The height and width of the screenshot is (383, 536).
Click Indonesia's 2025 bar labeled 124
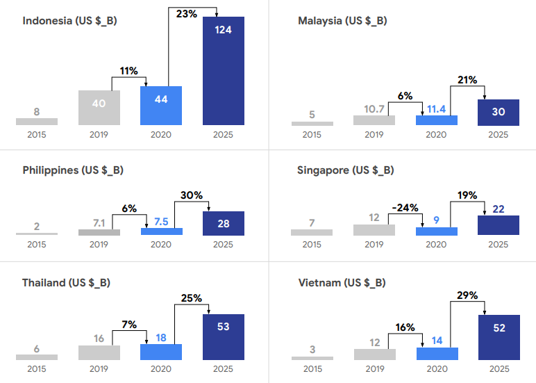[x=223, y=71]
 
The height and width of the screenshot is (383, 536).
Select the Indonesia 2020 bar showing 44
[x=161, y=106]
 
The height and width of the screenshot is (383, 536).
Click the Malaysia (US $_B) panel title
[x=342, y=21]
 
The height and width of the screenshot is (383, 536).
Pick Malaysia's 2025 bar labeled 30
[x=499, y=112]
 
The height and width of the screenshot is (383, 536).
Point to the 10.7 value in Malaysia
[x=374, y=108]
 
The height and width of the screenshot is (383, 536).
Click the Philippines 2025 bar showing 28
[x=223, y=223]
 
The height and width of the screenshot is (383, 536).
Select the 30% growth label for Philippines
[x=192, y=196]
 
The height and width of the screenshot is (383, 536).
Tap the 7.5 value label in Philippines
[x=161, y=222]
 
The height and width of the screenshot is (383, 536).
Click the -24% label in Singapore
[x=405, y=207]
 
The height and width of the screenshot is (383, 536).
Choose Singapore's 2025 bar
[x=499, y=225]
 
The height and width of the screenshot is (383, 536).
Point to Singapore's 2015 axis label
[x=312, y=245]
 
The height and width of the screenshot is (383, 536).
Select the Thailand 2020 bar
[x=161, y=352]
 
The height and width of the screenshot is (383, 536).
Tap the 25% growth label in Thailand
[x=192, y=298]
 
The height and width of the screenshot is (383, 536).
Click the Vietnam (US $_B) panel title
[x=342, y=283]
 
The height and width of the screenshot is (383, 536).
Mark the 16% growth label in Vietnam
[x=405, y=327]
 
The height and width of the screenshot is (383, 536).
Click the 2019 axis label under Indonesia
[x=99, y=135]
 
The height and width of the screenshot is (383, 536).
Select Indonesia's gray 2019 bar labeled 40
[x=99, y=108]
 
